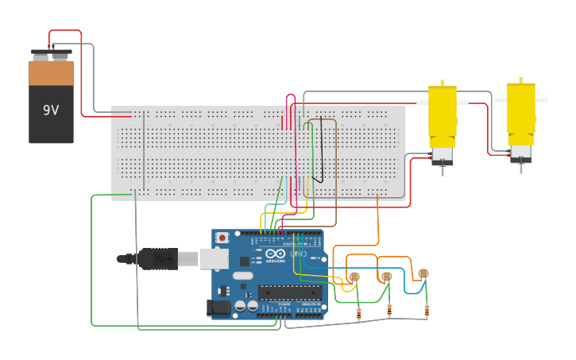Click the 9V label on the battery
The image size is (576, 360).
tap(51, 110)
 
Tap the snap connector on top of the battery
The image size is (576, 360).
tap(51, 55)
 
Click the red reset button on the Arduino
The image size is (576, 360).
tap(222, 238)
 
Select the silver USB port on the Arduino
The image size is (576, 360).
tap(213, 258)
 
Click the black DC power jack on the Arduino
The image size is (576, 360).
tap(219, 307)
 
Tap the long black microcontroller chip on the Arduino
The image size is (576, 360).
tap(289, 292)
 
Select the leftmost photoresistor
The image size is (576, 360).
tap(354, 277)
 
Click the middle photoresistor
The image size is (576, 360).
tap(387, 277)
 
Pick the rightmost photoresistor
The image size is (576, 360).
tap(423, 273)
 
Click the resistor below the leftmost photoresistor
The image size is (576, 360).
tap(358, 313)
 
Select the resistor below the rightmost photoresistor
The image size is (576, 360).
tap(427, 310)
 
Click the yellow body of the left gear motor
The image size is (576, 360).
tap(443, 110)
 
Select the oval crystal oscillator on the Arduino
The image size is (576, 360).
tap(242, 276)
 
